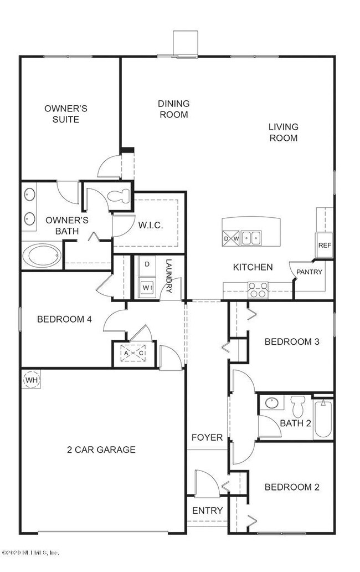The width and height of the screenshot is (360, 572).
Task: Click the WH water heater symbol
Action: coord(30,380)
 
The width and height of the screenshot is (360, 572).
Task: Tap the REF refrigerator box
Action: coord(323,246)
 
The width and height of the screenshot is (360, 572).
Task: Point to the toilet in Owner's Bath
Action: coord(120,196)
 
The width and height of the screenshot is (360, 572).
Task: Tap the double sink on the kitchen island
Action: coord(249,238)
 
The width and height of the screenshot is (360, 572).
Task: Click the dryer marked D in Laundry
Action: coord(147,264)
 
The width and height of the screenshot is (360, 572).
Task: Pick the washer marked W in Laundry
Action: coord(147,288)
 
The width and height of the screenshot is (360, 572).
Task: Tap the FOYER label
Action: coord(207,437)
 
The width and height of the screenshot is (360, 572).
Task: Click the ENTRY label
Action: coord(207,510)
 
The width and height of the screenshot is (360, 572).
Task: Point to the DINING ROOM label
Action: coord(173,109)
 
